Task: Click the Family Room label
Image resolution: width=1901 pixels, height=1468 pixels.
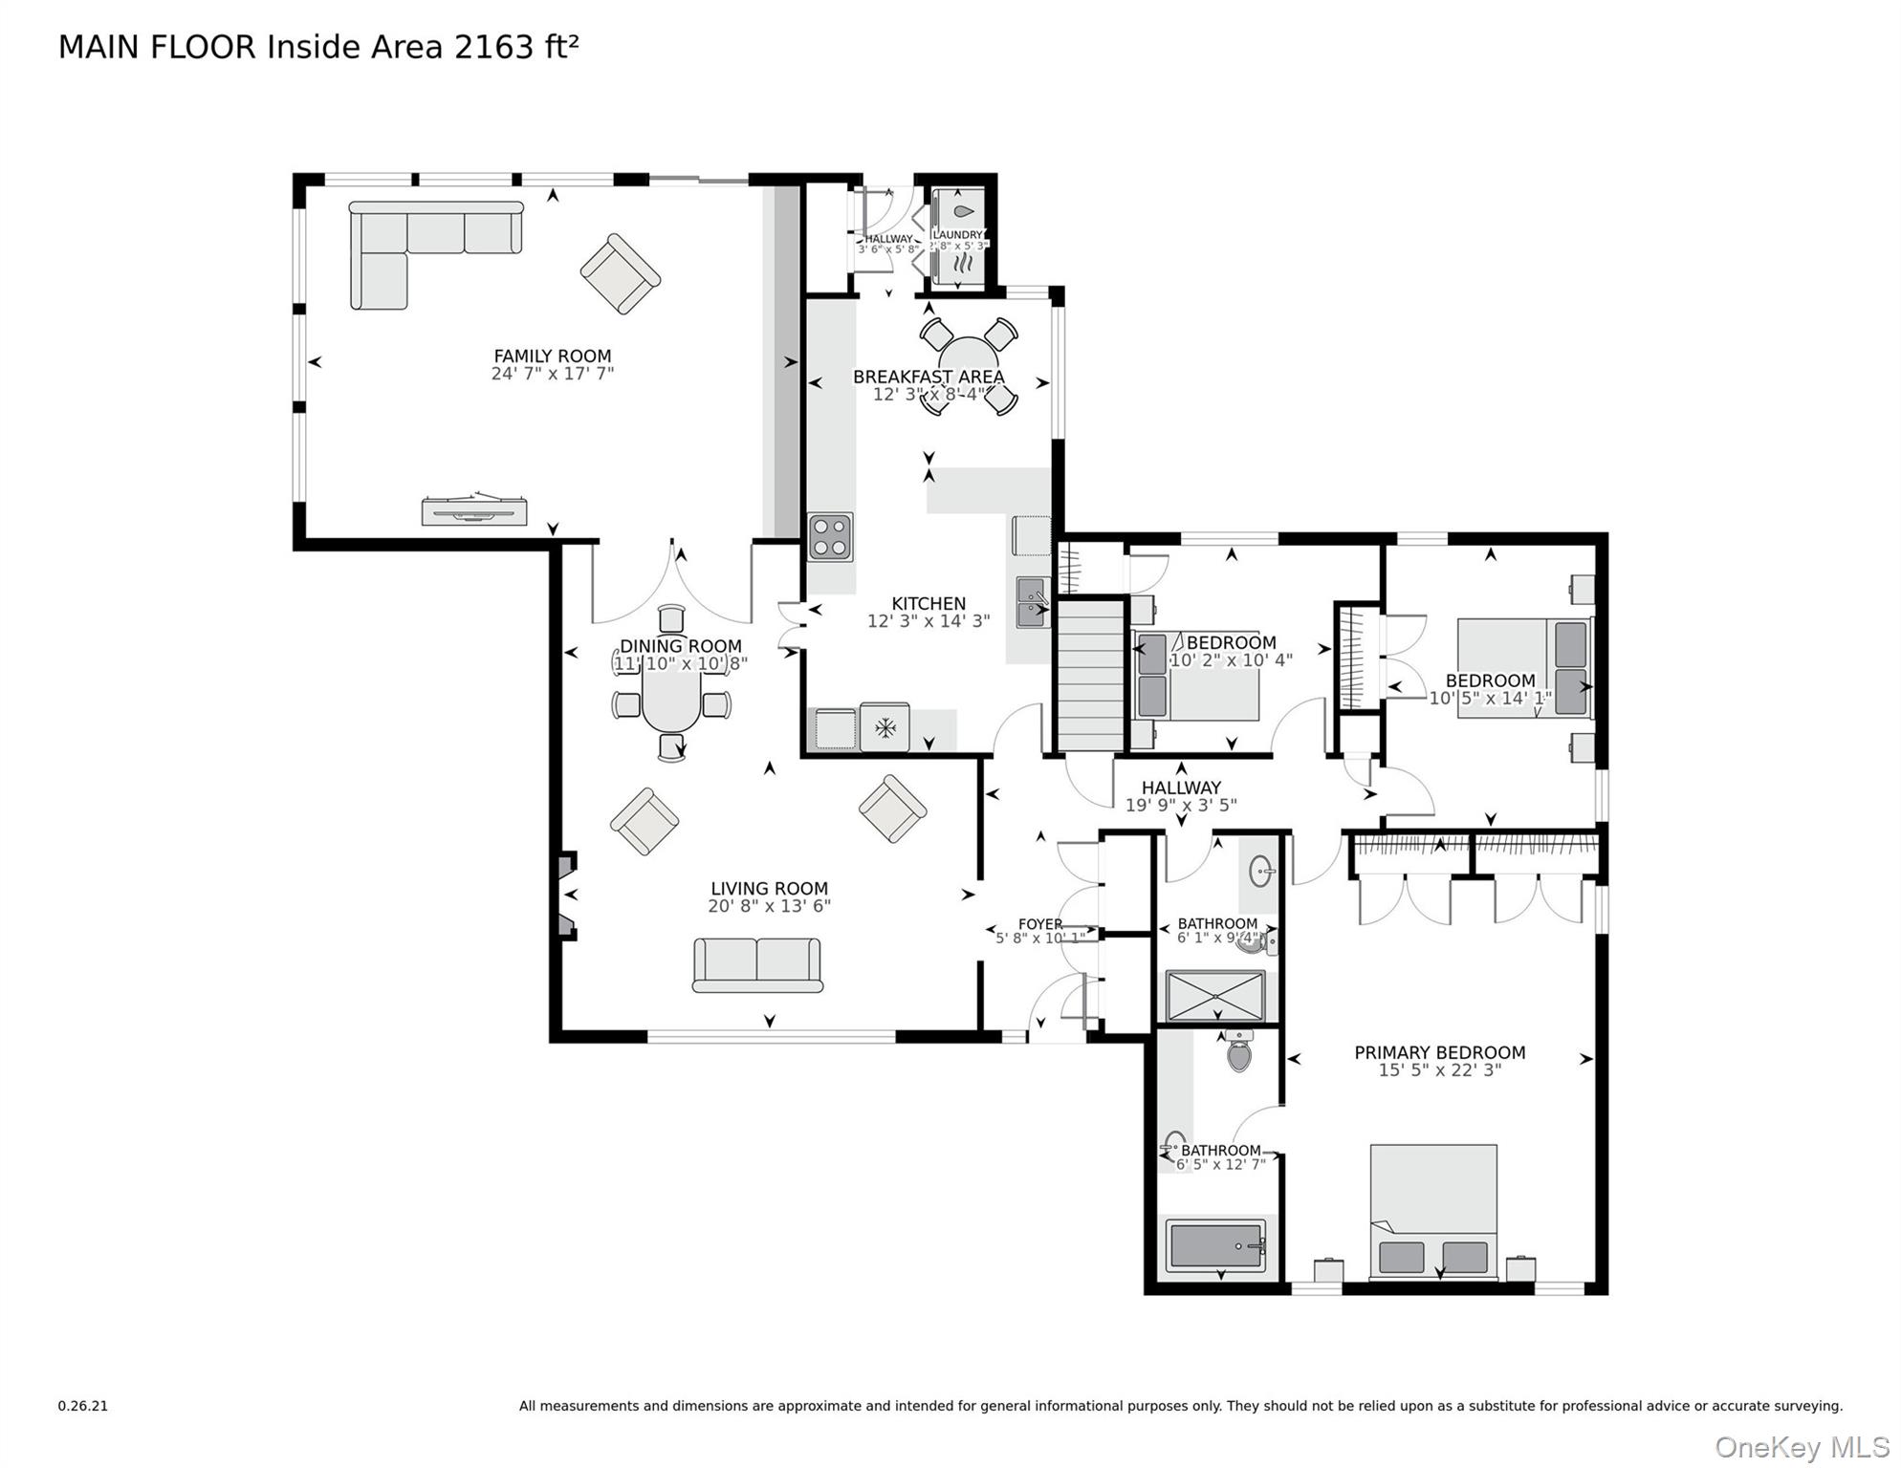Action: tap(552, 356)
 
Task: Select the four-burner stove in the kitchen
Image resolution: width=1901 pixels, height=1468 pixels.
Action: tap(830, 536)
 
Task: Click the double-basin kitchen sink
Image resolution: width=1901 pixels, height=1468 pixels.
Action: tap(1032, 603)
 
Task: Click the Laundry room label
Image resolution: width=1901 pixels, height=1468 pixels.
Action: tap(957, 235)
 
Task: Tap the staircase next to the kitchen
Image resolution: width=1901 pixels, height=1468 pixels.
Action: tap(1089, 676)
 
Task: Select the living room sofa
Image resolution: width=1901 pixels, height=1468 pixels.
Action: tap(757, 963)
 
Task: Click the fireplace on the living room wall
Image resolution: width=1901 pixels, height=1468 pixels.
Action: tap(567, 896)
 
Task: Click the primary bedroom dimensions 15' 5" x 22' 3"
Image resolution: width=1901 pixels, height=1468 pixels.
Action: tap(1439, 1070)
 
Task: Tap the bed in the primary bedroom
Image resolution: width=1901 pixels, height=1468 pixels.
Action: tap(1432, 1210)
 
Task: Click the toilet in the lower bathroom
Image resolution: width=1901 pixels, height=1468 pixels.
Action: tap(1238, 1050)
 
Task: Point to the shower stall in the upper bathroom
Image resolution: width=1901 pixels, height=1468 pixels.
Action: tap(1214, 996)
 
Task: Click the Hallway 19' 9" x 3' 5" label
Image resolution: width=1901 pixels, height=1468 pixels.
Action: tap(1180, 796)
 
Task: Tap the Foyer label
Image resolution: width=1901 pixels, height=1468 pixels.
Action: tap(1039, 924)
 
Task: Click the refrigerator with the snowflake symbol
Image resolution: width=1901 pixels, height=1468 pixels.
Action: tap(885, 728)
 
